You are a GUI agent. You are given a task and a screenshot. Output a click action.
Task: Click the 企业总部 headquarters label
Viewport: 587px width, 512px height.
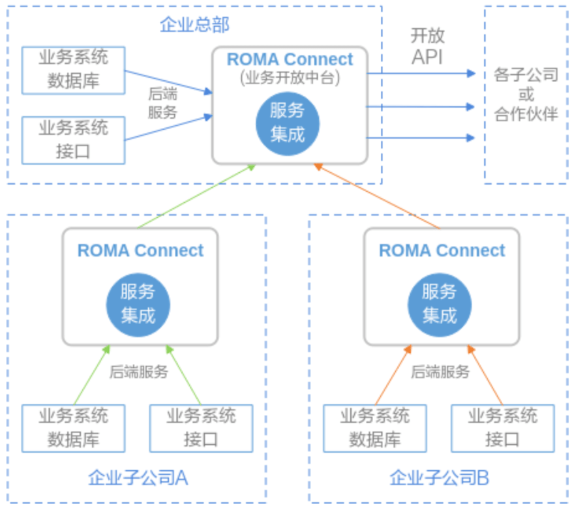[195, 25]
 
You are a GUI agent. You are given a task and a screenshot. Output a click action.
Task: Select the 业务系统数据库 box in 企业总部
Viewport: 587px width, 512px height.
[74, 69]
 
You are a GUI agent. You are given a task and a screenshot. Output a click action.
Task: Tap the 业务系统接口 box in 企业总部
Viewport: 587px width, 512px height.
[74, 140]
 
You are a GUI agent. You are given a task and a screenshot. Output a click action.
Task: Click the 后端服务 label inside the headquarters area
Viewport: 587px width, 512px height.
[162, 103]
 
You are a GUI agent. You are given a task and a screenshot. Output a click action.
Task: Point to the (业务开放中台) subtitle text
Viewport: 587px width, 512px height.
[290, 78]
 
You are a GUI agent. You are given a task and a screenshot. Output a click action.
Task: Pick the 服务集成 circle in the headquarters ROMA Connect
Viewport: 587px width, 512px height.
[288, 122]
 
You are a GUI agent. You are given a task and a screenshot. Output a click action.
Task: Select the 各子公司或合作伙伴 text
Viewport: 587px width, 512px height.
[526, 95]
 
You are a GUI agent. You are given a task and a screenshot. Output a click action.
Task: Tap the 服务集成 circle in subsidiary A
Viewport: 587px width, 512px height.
[138, 304]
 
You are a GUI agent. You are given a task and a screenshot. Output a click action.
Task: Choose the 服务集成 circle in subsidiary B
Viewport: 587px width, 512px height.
[440, 304]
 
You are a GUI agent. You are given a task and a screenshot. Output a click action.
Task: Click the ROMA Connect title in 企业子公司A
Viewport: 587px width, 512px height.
[140, 250]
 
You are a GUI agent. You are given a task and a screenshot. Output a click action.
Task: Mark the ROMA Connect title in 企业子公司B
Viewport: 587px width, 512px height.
[442, 250]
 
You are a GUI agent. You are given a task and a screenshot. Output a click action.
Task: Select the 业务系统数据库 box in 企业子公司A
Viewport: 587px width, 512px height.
[73, 428]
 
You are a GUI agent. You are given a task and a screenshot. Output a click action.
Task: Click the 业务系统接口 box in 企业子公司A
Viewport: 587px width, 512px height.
[201, 428]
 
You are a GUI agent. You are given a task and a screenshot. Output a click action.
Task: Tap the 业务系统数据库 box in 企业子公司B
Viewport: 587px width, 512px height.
[375, 428]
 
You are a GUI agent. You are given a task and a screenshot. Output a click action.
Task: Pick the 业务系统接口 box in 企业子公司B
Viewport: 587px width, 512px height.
[502, 428]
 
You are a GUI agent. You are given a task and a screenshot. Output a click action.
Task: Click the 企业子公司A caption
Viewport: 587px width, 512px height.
[138, 478]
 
